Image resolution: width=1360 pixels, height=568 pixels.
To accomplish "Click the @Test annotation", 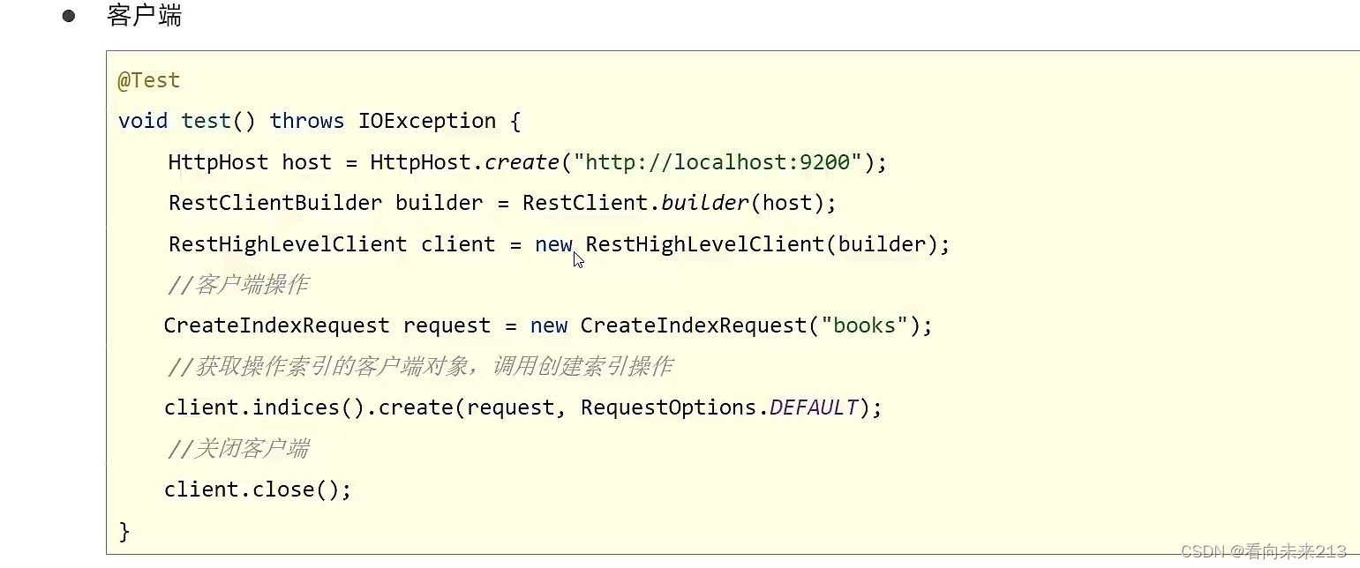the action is point(148,80).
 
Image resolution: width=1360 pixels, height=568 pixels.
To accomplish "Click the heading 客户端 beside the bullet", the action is point(144,16).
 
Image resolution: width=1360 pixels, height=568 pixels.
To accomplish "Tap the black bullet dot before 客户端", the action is point(69,16).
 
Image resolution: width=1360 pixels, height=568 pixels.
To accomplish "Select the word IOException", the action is point(426,121).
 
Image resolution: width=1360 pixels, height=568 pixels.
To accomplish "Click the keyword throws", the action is point(306,121).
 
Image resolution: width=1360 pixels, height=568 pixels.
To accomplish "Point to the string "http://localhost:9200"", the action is point(717,162).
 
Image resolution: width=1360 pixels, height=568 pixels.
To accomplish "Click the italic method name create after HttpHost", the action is point(522,162).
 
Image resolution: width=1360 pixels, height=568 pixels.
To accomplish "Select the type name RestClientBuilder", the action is point(275,203).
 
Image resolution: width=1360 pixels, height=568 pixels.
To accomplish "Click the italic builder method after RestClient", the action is point(705,203).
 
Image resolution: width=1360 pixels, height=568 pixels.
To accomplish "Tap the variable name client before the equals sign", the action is point(458,244).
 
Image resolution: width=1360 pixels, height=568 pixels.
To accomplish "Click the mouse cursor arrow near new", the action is point(578,259).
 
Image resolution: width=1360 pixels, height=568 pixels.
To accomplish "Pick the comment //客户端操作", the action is point(237,285).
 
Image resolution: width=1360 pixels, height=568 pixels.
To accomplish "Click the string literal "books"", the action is point(864,325).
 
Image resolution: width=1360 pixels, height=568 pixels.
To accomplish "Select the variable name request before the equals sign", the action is point(447,325).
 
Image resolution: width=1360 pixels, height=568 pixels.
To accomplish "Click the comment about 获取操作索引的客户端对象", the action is point(419,366).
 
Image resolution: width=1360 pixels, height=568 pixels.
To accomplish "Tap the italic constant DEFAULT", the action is point(814,407).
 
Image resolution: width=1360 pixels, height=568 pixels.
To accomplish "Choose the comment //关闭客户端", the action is point(237,448).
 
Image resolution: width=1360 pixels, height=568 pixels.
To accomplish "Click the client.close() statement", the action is point(257,490).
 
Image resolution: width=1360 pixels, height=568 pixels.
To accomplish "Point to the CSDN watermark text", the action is point(1264,551).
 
